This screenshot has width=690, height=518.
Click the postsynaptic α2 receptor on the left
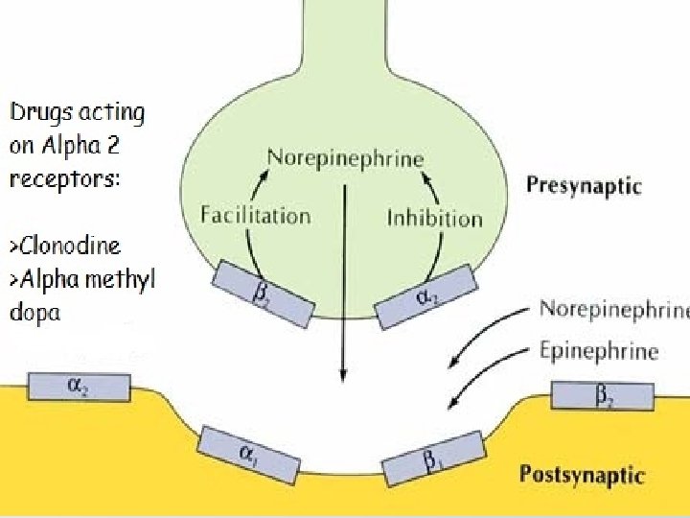tap(78, 387)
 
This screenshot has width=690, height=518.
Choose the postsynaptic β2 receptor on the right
tap(602, 395)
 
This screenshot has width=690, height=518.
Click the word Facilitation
tap(255, 215)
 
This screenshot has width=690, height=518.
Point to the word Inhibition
tap(434, 218)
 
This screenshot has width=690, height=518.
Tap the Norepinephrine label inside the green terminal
tap(345, 157)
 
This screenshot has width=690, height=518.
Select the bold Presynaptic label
tap(584, 186)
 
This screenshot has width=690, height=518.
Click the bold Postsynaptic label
tap(582, 474)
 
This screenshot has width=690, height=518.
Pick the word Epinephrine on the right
tap(599, 350)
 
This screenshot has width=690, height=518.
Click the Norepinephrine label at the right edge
tap(613, 309)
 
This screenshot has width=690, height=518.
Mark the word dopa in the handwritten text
tap(35, 313)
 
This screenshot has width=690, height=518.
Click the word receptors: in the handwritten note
tap(65, 178)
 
